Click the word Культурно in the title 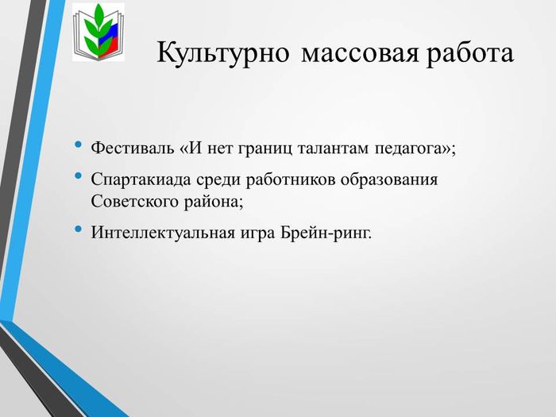click(x=222, y=53)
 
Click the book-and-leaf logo click(x=98, y=33)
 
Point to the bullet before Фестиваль click(x=79, y=145)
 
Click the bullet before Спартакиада click(x=79, y=176)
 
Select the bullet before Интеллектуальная click(x=79, y=229)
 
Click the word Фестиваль click(x=133, y=148)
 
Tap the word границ click(x=265, y=149)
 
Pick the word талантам click(x=334, y=149)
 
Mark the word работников click(x=291, y=180)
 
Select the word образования click(x=389, y=180)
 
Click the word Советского click(x=135, y=202)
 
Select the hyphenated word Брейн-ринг click(x=324, y=234)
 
